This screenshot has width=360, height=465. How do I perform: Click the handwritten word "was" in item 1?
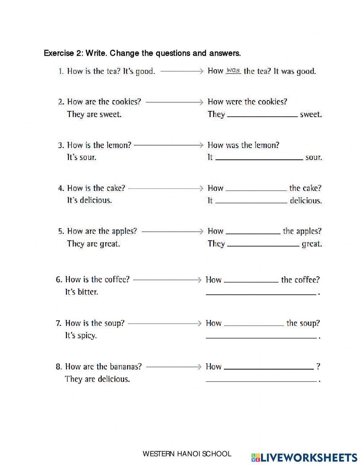[233, 71]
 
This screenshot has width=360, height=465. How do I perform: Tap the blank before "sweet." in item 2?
[262, 115]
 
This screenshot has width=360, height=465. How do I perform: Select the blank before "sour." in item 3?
[259, 158]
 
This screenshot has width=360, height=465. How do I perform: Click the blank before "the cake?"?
[256, 189]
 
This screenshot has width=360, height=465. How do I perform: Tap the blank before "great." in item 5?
[263, 245]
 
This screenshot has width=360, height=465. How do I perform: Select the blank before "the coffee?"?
[251, 281]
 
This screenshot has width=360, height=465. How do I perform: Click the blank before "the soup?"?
[254, 324]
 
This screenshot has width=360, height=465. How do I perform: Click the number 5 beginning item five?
[60, 232]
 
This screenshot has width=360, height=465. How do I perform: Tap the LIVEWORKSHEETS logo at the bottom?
[304, 457]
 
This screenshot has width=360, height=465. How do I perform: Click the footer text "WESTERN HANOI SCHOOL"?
[187, 454]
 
